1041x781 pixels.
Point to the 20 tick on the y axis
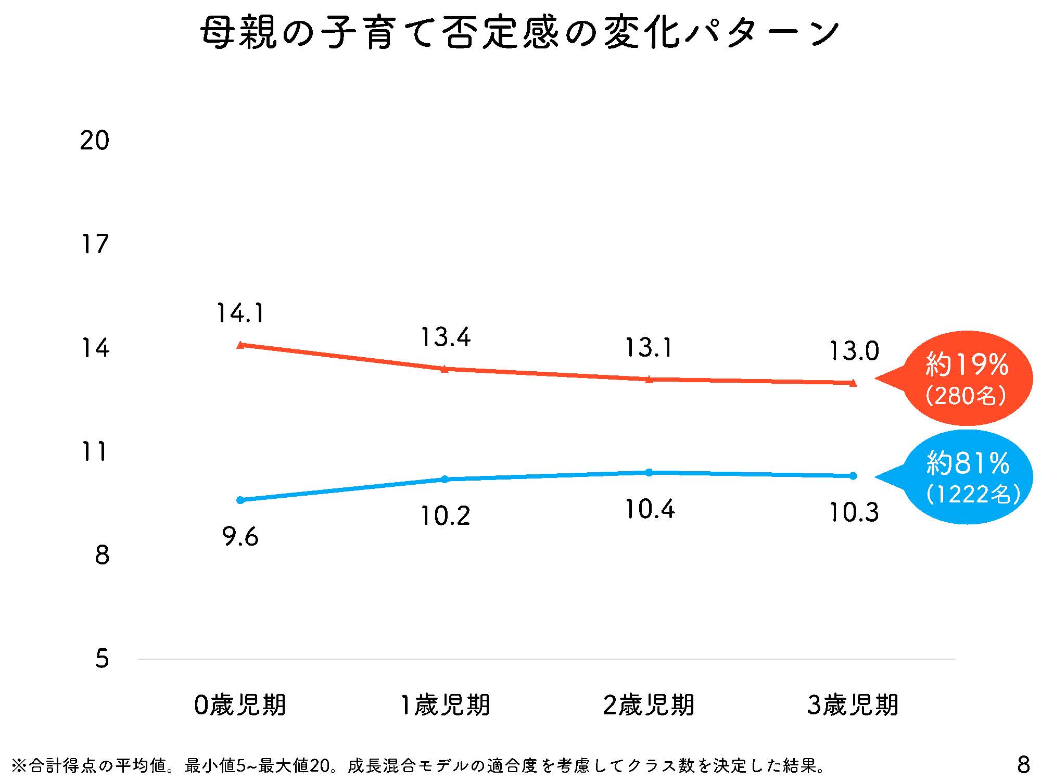tap(95, 141)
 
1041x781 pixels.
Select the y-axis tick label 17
tap(95, 244)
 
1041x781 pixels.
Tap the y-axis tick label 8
tap(102, 556)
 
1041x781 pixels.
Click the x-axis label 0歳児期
tap(240, 706)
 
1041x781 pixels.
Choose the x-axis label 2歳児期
tap(649, 706)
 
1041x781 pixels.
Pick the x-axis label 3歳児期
tap(853, 706)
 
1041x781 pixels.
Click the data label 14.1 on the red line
tap(240, 313)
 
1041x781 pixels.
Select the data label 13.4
tap(445, 337)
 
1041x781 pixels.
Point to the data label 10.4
tap(650, 509)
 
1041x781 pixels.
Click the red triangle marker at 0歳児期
tap(240, 345)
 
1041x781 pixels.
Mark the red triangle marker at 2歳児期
tap(649, 379)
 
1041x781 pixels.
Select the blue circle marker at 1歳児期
tap(445, 479)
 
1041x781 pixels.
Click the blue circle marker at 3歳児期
tap(853, 476)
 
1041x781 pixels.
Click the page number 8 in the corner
tap(1023, 765)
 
